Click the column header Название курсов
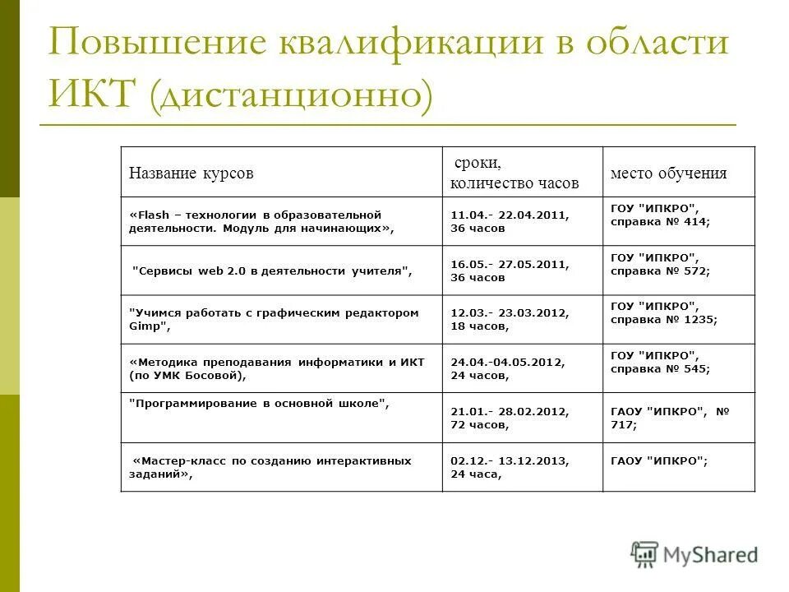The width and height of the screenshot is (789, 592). pos(191,173)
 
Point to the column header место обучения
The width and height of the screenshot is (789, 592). pos(668,173)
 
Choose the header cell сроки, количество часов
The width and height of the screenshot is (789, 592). pos(514,173)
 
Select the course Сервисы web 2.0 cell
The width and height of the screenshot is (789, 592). pos(271,271)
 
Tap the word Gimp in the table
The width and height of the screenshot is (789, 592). pos(148,326)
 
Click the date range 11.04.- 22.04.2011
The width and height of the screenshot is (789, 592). pos(510,215)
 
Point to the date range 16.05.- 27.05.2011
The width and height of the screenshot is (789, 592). pos(510,265)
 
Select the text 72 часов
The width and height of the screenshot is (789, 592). pos(479,425)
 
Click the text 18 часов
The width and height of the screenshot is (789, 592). pos(479,326)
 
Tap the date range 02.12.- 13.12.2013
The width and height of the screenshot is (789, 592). pos(510,461)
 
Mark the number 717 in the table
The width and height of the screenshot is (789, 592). pos(622,425)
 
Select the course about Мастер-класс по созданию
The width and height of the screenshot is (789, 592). pos(271,468)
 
